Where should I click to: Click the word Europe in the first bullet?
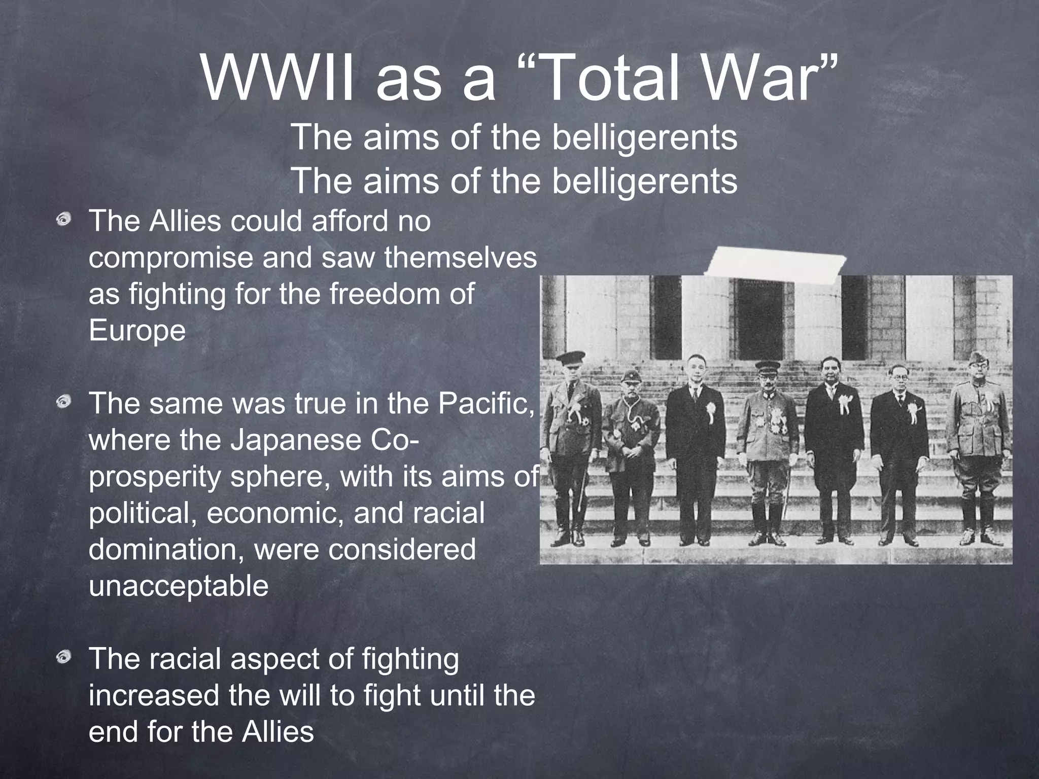point(137,331)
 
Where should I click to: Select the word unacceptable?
point(179,586)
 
